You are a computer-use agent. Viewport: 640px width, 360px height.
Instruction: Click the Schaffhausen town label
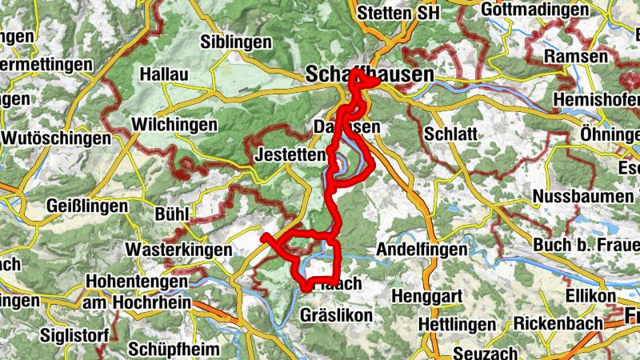click(370, 74)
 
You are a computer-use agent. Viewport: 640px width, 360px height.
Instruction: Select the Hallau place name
click(163, 74)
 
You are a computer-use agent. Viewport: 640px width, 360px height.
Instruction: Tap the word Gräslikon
click(336, 316)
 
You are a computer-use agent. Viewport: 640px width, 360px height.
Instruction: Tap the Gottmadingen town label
click(536, 10)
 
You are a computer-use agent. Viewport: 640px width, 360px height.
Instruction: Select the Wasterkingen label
click(178, 250)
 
